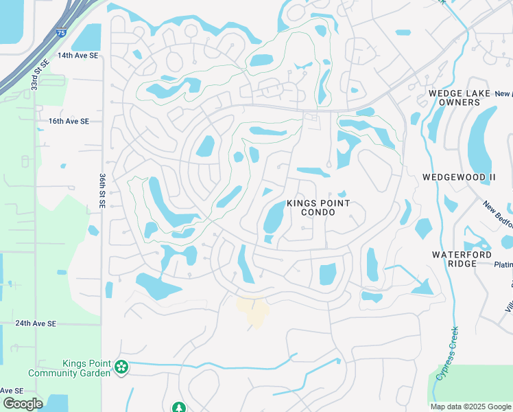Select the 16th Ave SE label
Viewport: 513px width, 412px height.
[x=69, y=121]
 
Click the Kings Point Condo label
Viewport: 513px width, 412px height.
[x=318, y=208]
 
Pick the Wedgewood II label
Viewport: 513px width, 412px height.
[x=459, y=177]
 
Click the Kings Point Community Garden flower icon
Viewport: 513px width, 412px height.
[x=121, y=367]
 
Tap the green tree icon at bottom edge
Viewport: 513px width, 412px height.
[x=179, y=408]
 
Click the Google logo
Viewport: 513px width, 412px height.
[x=22, y=403]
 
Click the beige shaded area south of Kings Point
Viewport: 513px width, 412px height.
[x=253, y=310]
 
